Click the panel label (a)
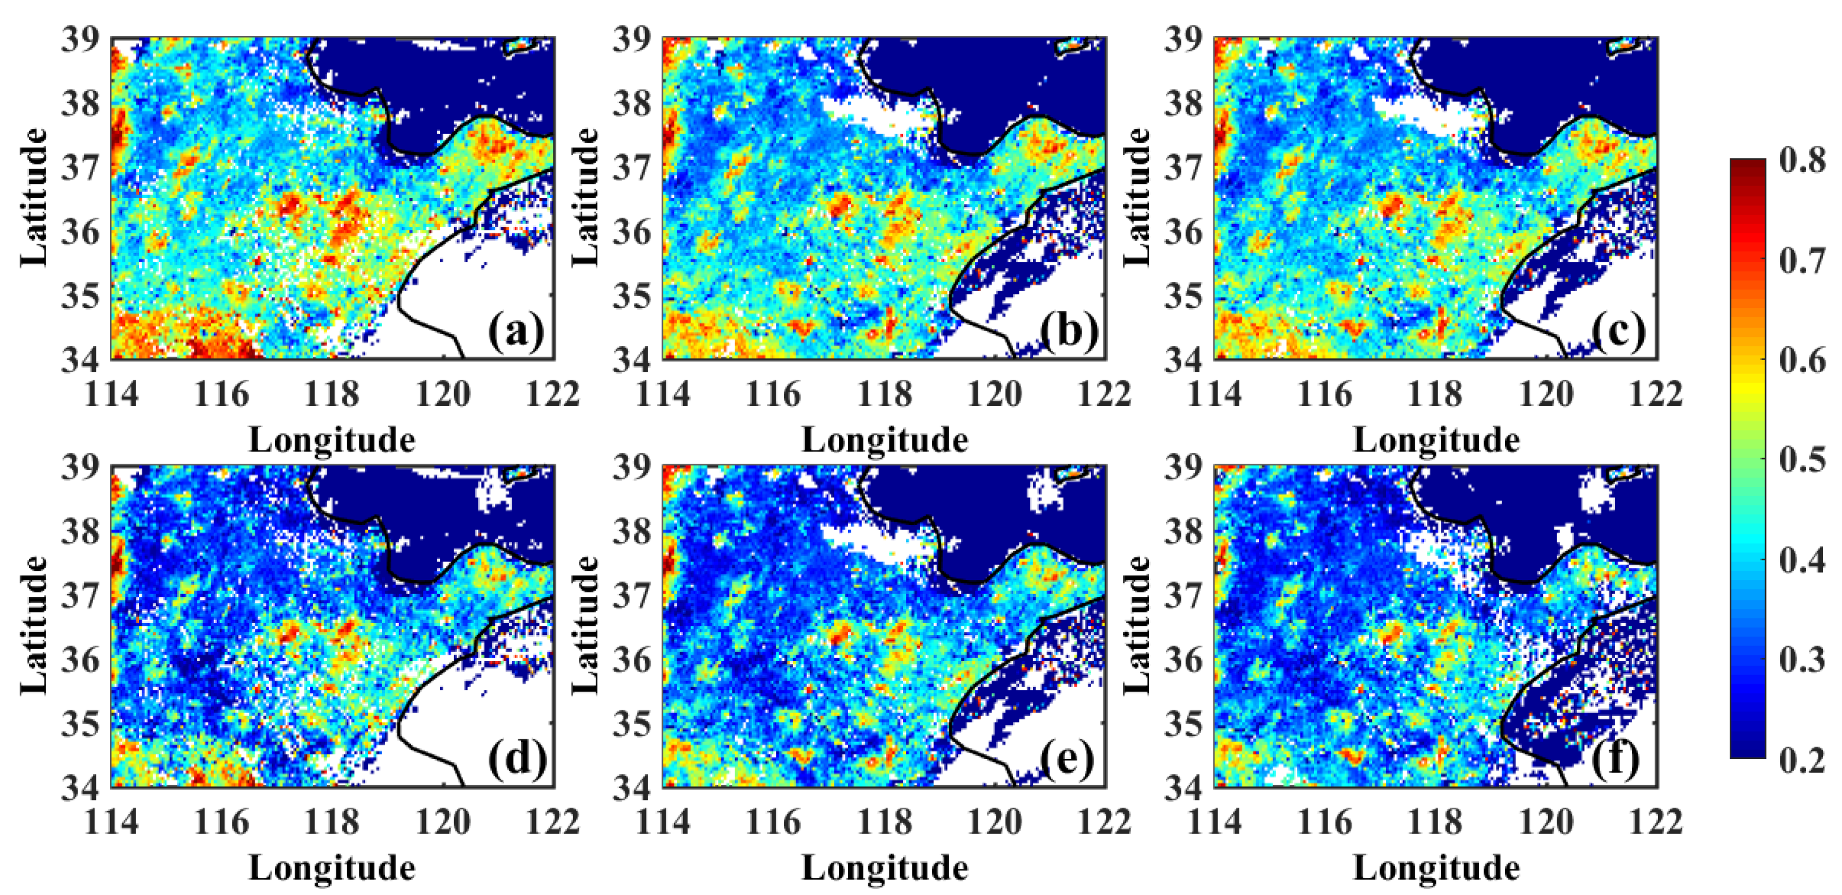click(516, 332)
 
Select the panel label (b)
click(1068, 332)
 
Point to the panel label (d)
click(517, 759)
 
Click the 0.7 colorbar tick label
click(1802, 260)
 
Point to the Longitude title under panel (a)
click(332, 439)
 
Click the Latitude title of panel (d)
click(34, 625)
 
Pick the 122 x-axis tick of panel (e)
click(1104, 823)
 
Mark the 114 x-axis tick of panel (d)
click(112, 823)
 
